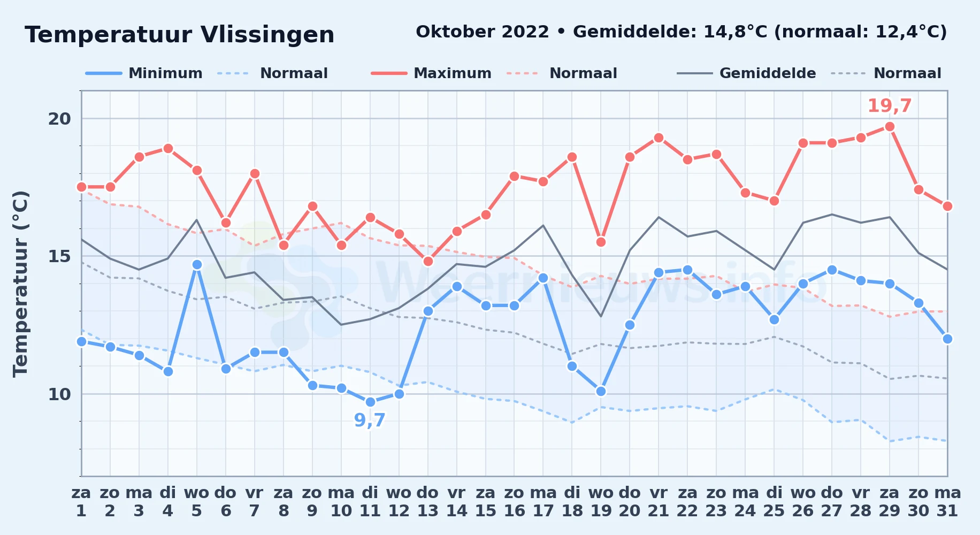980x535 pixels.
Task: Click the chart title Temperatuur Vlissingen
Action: pos(180,35)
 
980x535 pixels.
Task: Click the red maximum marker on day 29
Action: pos(890,127)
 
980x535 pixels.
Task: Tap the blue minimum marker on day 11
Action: pos(370,402)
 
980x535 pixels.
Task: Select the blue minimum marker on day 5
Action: pos(197,265)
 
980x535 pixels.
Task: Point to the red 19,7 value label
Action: pos(890,106)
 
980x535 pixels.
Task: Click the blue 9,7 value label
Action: pos(370,421)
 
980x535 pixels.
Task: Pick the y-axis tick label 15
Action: pos(59,256)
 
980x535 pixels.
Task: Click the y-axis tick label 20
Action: pos(59,119)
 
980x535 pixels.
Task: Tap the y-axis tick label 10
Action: pos(59,394)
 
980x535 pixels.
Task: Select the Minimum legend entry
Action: pos(144,73)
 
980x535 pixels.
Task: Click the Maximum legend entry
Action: pos(431,73)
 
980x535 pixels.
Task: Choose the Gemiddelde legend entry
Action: pos(747,73)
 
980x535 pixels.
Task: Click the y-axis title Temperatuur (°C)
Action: pos(20,284)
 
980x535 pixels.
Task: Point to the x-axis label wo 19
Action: pos(601,502)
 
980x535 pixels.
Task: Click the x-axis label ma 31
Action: pos(947,502)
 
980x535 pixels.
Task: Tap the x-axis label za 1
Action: pos(81,502)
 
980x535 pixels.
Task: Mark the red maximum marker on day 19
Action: pos(601,242)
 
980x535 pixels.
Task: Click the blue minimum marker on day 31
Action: pos(947,339)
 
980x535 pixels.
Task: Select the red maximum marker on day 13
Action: pos(428,262)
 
